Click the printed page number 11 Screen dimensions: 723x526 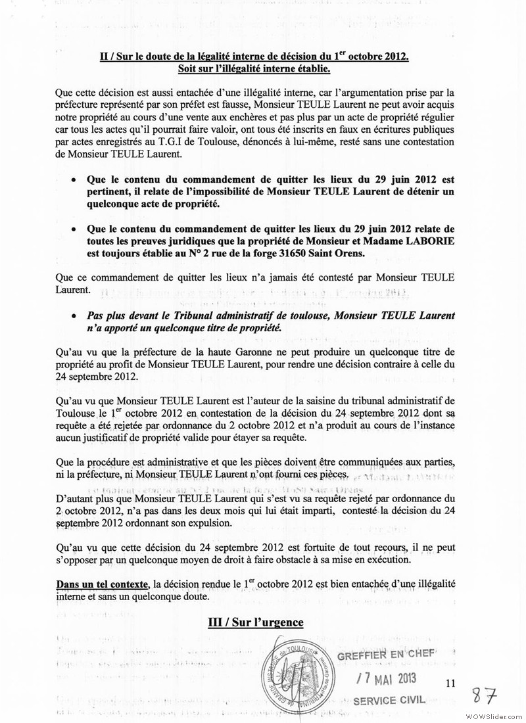[x=450, y=684]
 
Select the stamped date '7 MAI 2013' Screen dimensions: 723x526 [x=386, y=679]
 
